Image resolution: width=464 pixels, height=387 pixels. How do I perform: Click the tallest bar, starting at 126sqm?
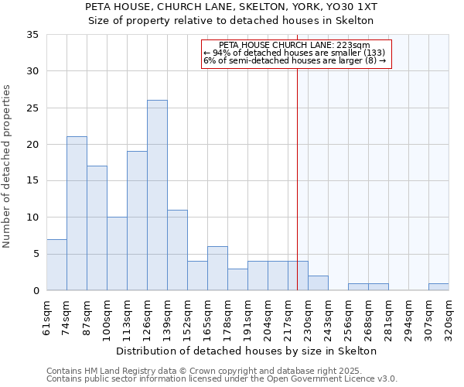[x=157, y=195]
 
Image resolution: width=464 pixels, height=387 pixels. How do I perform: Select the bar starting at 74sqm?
[x=77, y=213]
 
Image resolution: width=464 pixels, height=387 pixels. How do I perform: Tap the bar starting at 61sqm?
[x=56, y=265]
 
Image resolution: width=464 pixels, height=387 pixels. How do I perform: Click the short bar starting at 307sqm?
[x=438, y=287]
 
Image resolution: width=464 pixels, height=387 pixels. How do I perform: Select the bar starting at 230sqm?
[x=318, y=283]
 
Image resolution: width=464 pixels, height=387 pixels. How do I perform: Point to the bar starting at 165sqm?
[x=217, y=269]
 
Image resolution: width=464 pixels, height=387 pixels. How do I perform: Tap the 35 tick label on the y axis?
[x=32, y=35]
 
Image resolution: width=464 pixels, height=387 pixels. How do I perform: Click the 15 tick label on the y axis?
[x=32, y=181]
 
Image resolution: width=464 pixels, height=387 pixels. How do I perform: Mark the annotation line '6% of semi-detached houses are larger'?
[x=295, y=60]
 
